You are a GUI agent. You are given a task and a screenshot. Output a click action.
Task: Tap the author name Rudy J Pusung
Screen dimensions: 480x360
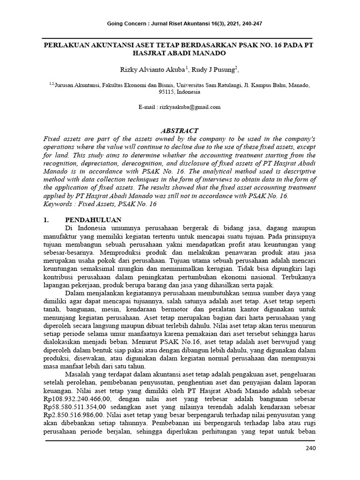tap(214, 69)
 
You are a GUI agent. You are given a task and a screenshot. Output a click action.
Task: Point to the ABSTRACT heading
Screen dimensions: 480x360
tap(180, 131)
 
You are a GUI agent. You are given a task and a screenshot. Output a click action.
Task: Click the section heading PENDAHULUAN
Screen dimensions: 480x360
tap(93, 220)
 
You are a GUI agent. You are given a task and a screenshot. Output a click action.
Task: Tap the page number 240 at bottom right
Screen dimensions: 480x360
tap(310, 449)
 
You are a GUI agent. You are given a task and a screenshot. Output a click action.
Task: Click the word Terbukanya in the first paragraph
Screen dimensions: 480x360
tap(297, 277)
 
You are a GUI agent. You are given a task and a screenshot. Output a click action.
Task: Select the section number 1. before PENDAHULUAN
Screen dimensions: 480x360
tap(46, 220)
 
